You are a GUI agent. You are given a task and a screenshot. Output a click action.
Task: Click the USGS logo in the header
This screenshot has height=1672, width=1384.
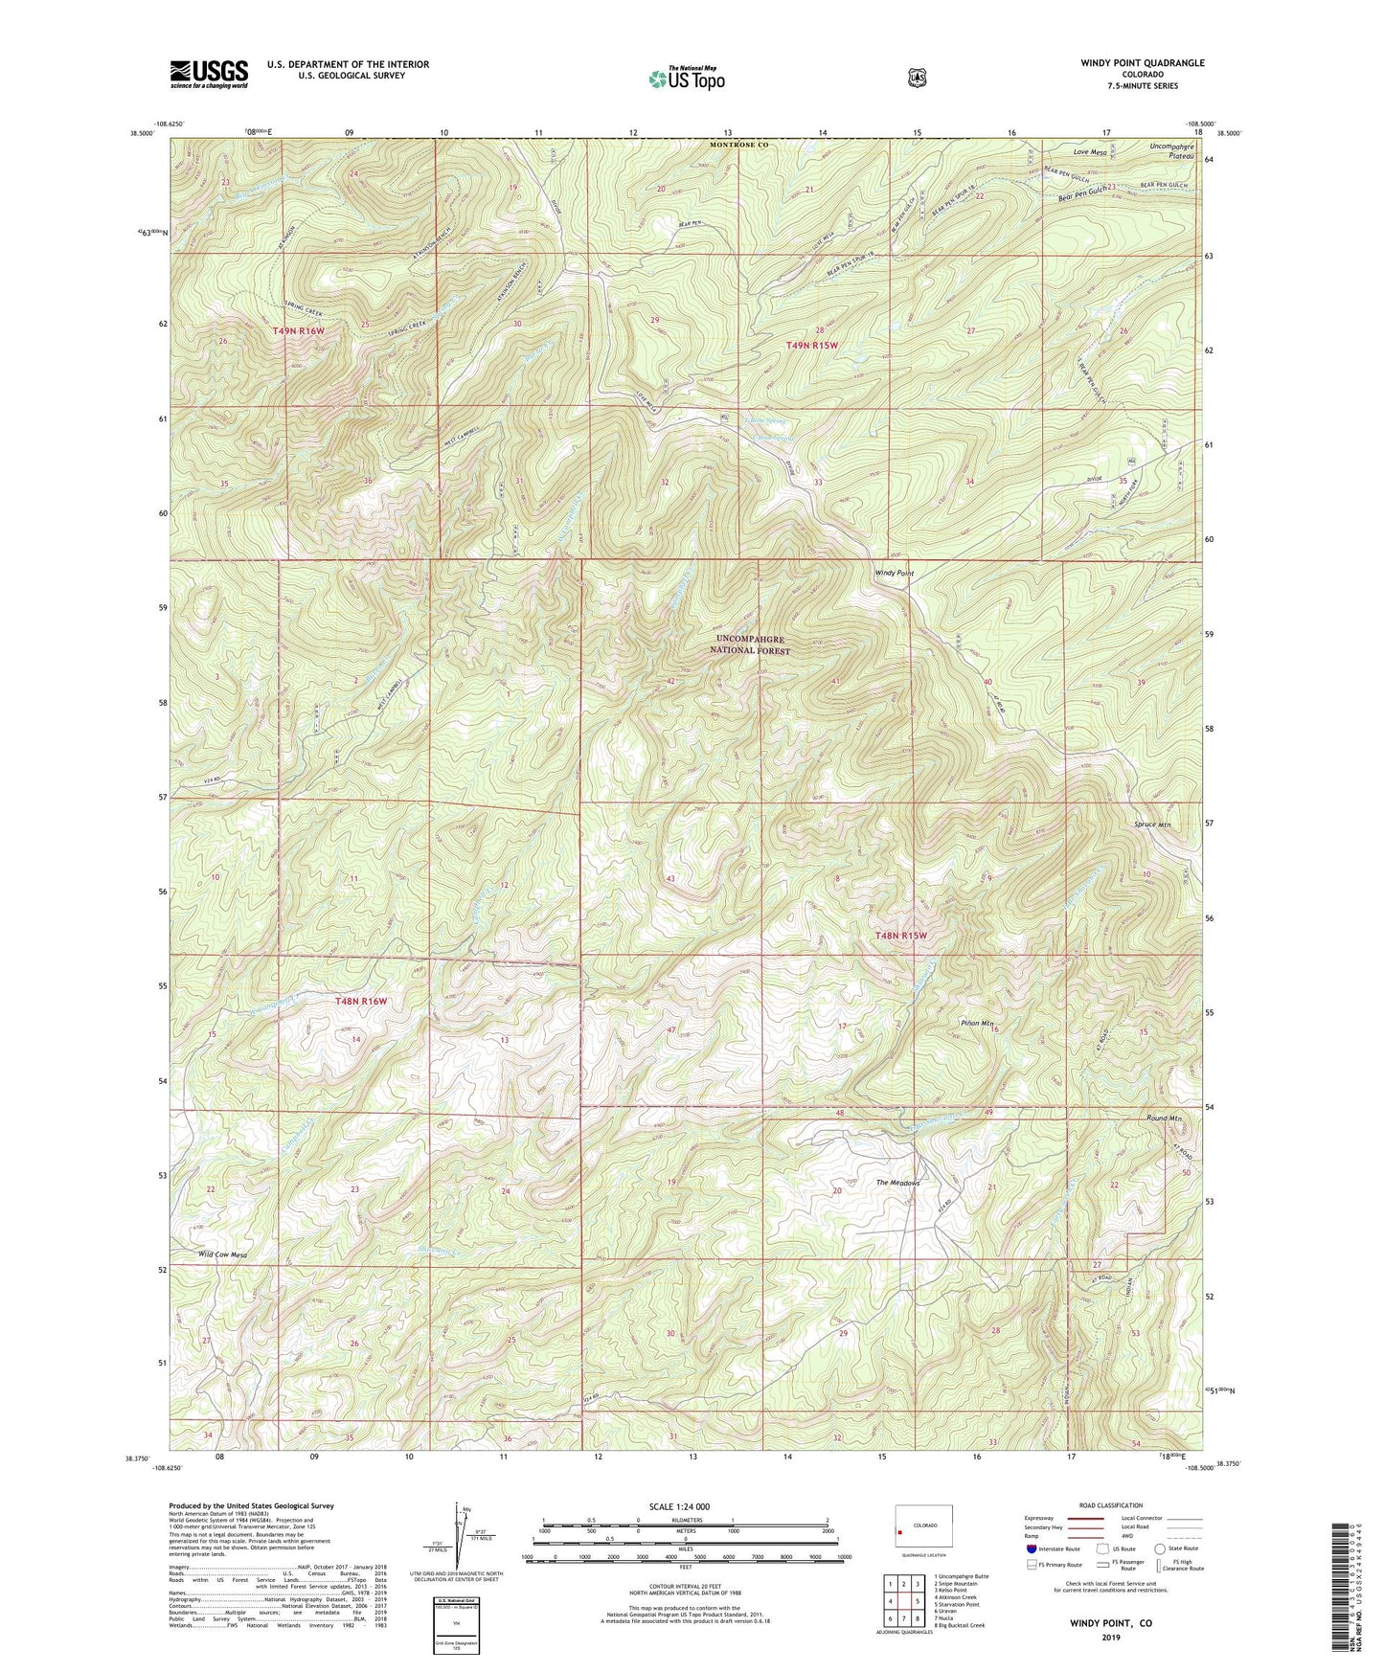click(x=209, y=74)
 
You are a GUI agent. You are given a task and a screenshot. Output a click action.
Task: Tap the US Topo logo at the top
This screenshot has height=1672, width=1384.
click(x=685, y=79)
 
